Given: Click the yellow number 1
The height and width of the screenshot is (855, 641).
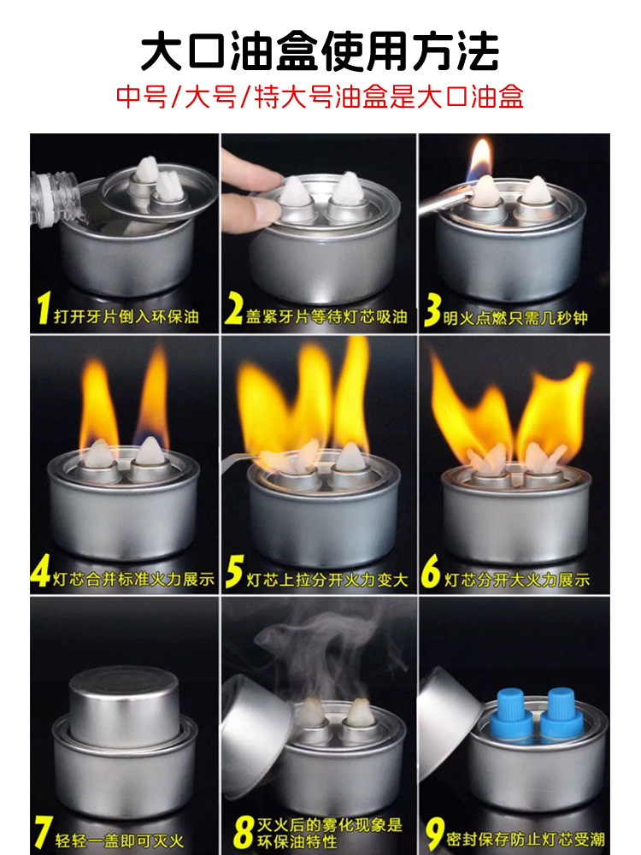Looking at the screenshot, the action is [x=44, y=308].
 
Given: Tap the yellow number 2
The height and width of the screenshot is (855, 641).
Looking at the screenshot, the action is [x=234, y=310].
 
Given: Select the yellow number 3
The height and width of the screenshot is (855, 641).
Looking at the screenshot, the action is [x=432, y=310].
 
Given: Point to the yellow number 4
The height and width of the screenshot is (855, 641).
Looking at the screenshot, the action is [x=41, y=571].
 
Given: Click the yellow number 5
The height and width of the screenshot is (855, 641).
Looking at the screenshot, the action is [x=234, y=572].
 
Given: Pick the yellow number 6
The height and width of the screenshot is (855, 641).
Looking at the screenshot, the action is [x=431, y=572].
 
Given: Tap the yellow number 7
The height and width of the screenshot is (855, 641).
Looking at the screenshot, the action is [x=43, y=833].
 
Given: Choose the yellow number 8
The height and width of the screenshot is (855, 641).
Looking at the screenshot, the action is [x=244, y=833].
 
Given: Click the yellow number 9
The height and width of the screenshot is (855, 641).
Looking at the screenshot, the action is [x=435, y=833].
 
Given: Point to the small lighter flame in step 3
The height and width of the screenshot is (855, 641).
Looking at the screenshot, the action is [x=479, y=160].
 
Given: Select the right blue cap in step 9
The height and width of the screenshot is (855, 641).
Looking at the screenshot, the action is [x=562, y=714].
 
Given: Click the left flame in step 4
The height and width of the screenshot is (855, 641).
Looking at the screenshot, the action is [x=98, y=402].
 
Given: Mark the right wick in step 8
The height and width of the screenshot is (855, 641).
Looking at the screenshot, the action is [x=360, y=713].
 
